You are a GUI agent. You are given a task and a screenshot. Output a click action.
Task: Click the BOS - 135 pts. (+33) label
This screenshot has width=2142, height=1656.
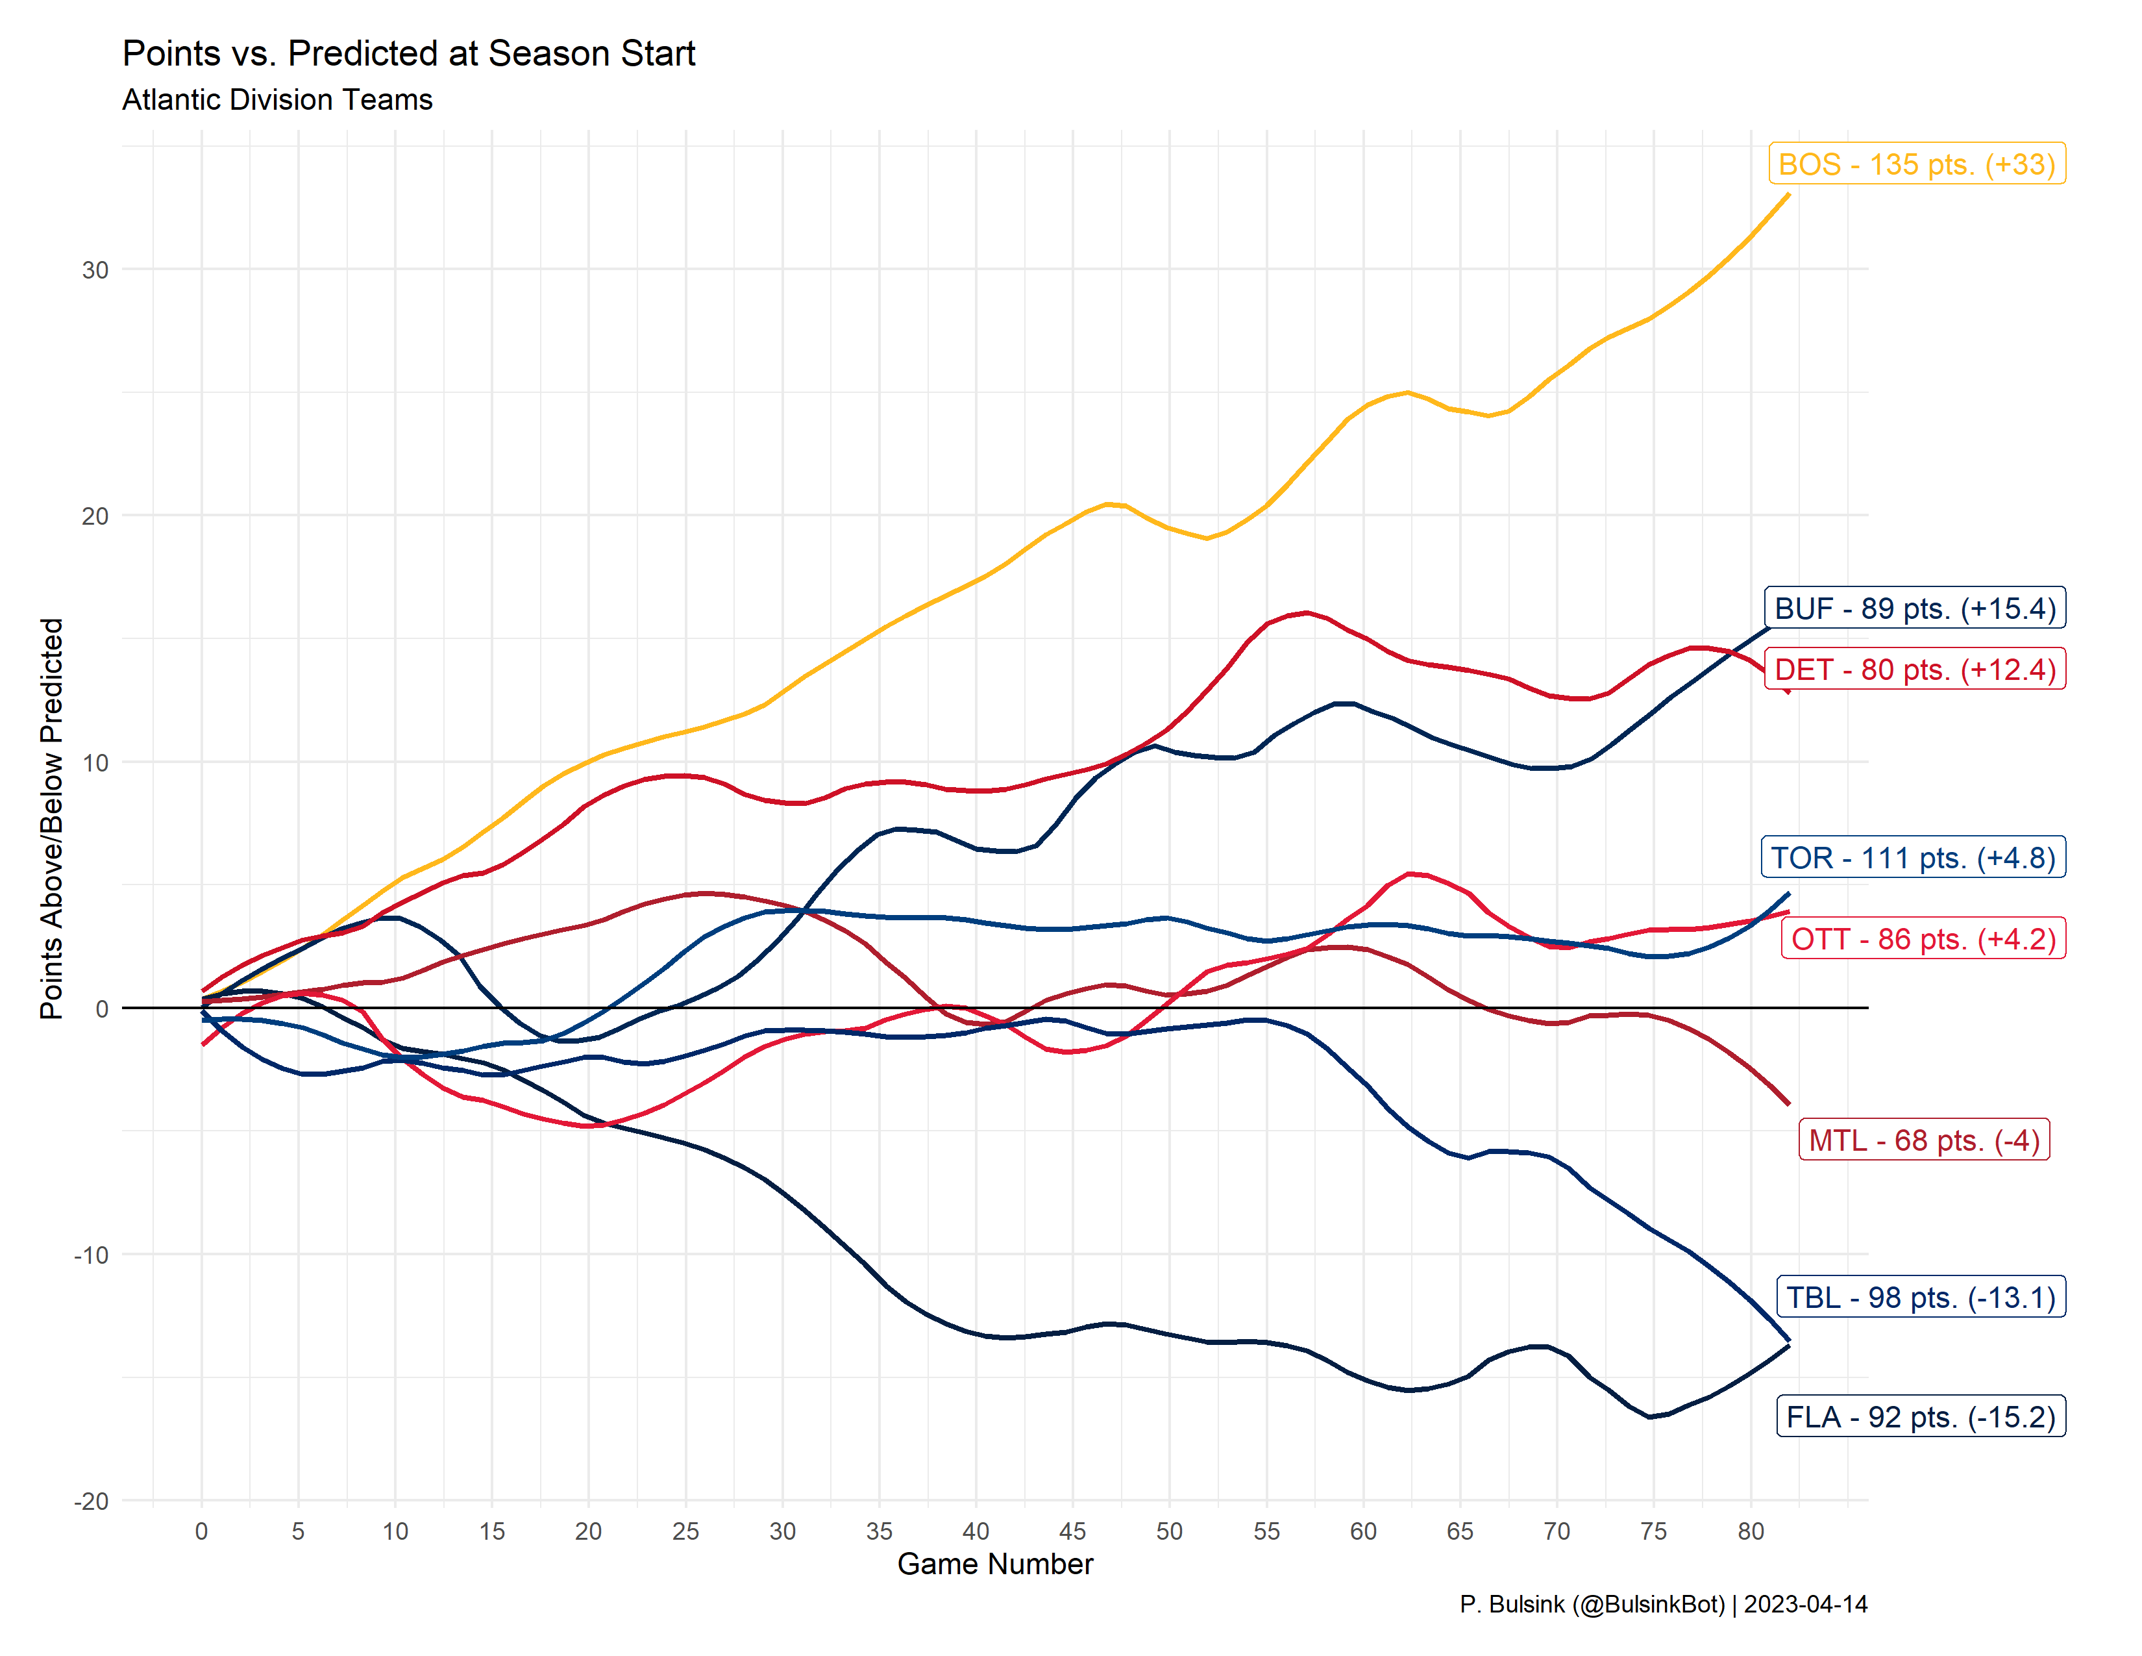click(1916, 164)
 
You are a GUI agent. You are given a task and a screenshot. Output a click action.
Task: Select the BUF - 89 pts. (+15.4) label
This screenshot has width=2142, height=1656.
click(1914, 608)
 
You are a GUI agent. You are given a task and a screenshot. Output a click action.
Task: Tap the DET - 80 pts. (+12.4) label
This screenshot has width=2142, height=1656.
click(1914, 669)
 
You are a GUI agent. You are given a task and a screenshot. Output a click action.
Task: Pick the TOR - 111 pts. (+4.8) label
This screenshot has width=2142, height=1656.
click(1912, 857)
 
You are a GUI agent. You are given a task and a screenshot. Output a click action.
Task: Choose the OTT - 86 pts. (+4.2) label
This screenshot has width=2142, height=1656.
click(1923, 939)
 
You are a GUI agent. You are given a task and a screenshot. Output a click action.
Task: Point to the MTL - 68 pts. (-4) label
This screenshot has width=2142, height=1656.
click(1923, 1140)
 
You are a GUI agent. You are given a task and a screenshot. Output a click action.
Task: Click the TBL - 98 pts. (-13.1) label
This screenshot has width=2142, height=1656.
click(1921, 1297)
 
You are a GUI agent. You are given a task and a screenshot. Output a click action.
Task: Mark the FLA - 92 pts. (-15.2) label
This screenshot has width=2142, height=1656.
click(1921, 1416)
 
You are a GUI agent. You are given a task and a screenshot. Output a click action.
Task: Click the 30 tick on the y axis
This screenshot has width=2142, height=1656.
click(95, 270)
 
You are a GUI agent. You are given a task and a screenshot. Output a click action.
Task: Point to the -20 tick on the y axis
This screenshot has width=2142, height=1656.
click(92, 1501)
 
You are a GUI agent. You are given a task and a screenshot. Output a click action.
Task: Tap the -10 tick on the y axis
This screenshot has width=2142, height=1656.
click(92, 1255)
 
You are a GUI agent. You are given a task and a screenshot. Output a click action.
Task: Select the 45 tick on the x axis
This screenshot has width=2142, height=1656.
click(1072, 1531)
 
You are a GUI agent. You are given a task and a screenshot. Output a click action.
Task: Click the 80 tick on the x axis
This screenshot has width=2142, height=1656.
click(1751, 1531)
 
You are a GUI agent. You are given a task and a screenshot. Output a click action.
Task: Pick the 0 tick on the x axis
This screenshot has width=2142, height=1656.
click(201, 1531)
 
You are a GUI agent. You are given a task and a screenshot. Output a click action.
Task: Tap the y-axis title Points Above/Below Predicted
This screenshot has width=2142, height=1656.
click(51, 818)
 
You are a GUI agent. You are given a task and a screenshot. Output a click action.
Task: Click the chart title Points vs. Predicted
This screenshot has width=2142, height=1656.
click(408, 53)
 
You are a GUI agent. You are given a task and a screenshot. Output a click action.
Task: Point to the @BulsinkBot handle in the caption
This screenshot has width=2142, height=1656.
click(1647, 1605)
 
